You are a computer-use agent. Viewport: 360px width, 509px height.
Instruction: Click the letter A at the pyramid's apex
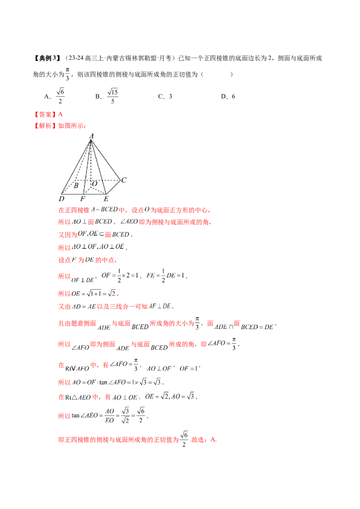pos(91,135)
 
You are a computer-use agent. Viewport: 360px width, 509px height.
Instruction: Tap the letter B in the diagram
pos(76,185)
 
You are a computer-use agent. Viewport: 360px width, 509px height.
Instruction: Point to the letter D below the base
pos(61,198)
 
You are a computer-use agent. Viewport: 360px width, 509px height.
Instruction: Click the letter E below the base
pos(106,198)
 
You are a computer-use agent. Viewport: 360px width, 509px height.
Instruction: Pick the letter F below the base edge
pos(83,198)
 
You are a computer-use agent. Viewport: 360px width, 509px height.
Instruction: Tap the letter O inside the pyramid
pos(94,184)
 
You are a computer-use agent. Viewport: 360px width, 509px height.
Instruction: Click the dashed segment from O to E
pos(99,191)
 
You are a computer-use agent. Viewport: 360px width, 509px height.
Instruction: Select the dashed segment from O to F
pos(88,191)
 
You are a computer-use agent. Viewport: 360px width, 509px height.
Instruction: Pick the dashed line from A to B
pos(83,160)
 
